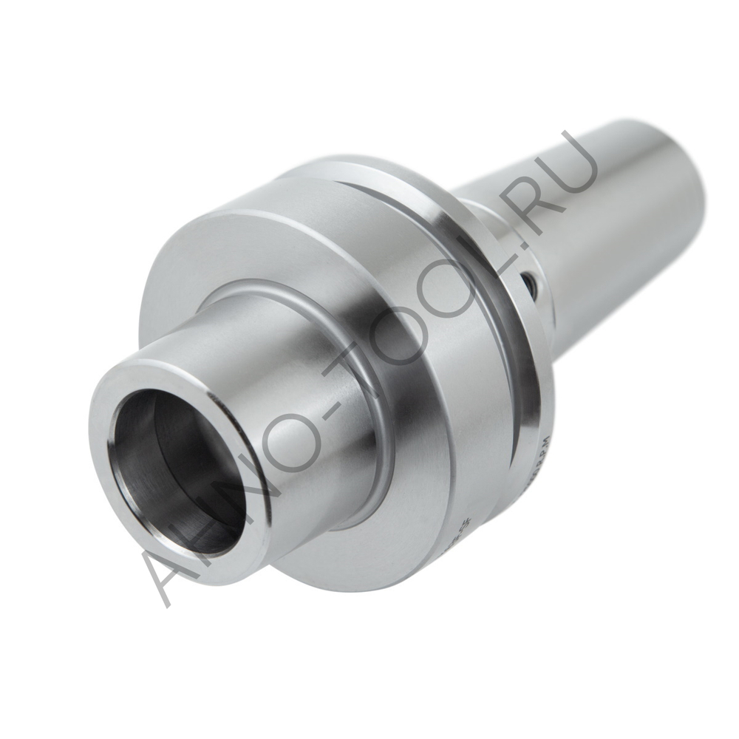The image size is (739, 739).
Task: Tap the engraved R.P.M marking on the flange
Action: point(542,462)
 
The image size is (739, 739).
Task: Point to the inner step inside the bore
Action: point(151,436)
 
